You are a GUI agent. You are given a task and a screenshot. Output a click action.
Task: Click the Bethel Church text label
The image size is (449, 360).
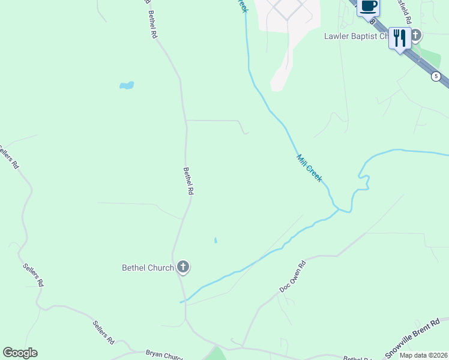pyautogui.click(x=148, y=268)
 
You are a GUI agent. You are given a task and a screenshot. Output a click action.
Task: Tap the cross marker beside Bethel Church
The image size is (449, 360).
pyautogui.click(x=183, y=267)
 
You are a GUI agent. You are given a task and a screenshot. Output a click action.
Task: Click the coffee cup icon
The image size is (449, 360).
pyautogui.click(x=368, y=7)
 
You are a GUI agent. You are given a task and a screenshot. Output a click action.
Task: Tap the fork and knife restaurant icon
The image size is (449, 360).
pyautogui.click(x=399, y=38)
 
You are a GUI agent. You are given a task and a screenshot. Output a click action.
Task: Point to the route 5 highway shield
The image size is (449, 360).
pyautogui.click(x=436, y=76)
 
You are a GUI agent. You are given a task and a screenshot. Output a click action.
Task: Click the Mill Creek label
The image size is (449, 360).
pyautogui.click(x=310, y=168)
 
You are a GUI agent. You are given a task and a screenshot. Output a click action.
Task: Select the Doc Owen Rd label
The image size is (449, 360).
pyautogui.click(x=293, y=277)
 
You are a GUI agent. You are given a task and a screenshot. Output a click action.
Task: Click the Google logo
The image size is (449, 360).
pyautogui.click(x=20, y=353)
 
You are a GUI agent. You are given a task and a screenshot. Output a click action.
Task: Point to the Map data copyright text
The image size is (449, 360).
pyautogui.click(x=424, y=355)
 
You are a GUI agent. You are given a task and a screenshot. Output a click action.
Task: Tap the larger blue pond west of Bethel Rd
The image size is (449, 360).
pyautogui.click(x=127, y=85)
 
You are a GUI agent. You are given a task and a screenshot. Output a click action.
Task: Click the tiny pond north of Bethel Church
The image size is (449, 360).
pyautogui.click(x=215, y=241)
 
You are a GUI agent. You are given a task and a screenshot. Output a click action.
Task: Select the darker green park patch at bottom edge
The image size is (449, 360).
pyautogui.click(x=216, y=354)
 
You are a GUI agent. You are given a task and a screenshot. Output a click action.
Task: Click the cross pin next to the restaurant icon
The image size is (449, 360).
pyautogui.click(x=415, y=35)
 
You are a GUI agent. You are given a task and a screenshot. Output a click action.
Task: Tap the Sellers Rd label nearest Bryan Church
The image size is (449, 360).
pyautogui.click(x=103, y=332)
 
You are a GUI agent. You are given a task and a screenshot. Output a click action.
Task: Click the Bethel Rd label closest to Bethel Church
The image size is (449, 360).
pyautogui.click(x=188, y=181)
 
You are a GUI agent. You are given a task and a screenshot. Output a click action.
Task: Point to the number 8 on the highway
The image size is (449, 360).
pyautogui.click(x=373, y=21)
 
